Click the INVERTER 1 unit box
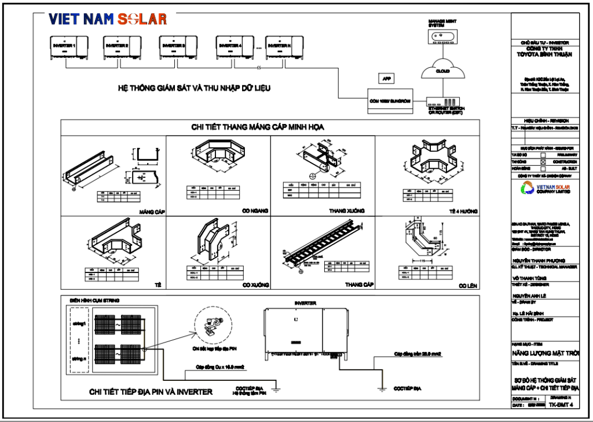click(67, 47)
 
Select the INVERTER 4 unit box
click(235, 47)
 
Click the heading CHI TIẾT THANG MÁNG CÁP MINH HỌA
click(257, 127)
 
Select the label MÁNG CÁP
click(153, 212)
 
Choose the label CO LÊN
click(467, 286)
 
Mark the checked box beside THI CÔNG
click(543, 162)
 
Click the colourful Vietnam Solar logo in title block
click(528, 188)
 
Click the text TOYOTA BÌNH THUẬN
click(544, 54)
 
